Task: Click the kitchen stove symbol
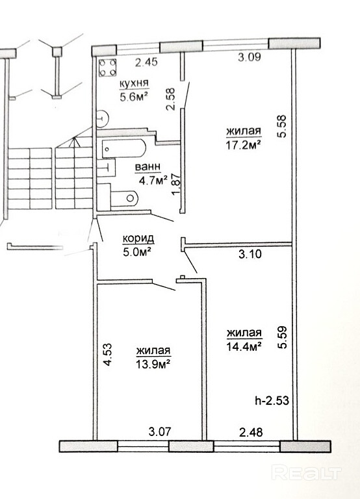[x=107, y=68]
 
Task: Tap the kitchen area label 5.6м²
[x=135, y=96]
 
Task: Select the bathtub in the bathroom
[x=124, y=149]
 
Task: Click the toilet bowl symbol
[x=125, y=198]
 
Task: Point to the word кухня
[x=134, y=83]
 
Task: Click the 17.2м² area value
[x=244, y=144]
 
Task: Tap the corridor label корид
[x=138, y=238]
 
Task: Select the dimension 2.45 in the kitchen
[x=146, y=62]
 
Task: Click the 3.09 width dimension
[x=250, y=57]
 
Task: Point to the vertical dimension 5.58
[x=282, y=125]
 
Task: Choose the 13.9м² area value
[x=153, y=364]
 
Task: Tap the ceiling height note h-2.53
[x=272, y=400]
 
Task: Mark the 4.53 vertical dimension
[x=108, y=355]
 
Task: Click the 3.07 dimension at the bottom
[x=160, y=432]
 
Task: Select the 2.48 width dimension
[x=251, y=433]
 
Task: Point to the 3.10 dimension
[x=250, y=254]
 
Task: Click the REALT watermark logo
[x=307, y=472]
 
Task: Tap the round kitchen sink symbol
[x=103, y=118]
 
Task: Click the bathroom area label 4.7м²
[x=153, y=181]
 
